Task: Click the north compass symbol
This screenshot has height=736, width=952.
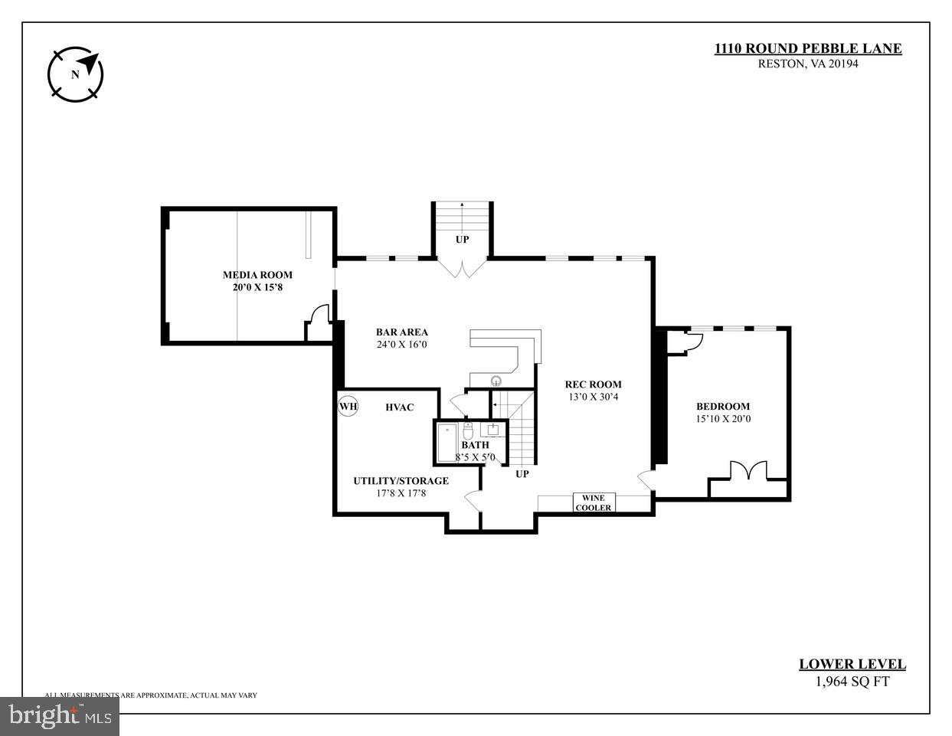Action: [75, 74]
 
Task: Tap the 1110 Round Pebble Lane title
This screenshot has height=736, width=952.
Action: [808, 49]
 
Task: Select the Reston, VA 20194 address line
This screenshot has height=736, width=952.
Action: [808, 64]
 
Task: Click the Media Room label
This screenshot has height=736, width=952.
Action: [257, 275]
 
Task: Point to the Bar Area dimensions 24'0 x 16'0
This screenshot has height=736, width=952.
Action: [401, 345]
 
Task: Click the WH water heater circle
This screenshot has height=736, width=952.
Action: [348, 406]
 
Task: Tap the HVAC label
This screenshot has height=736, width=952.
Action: [399, 407]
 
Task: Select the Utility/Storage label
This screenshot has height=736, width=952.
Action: [401, 481]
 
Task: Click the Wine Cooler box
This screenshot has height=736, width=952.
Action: [594, 503]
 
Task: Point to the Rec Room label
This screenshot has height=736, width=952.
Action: [593, 384]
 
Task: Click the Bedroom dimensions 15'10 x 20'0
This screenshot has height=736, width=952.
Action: [722, 419]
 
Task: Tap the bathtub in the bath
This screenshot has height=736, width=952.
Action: [447, 443]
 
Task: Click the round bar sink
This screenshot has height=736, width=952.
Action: [496, 380]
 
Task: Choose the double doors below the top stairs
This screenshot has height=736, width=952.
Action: [462, 267]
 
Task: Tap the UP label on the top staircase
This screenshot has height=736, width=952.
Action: [462, 239]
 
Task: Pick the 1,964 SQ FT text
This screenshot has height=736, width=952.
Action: [852, 682]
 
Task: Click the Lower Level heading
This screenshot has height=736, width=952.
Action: [852, 665]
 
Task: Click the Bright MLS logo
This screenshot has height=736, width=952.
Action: [59, 716]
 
